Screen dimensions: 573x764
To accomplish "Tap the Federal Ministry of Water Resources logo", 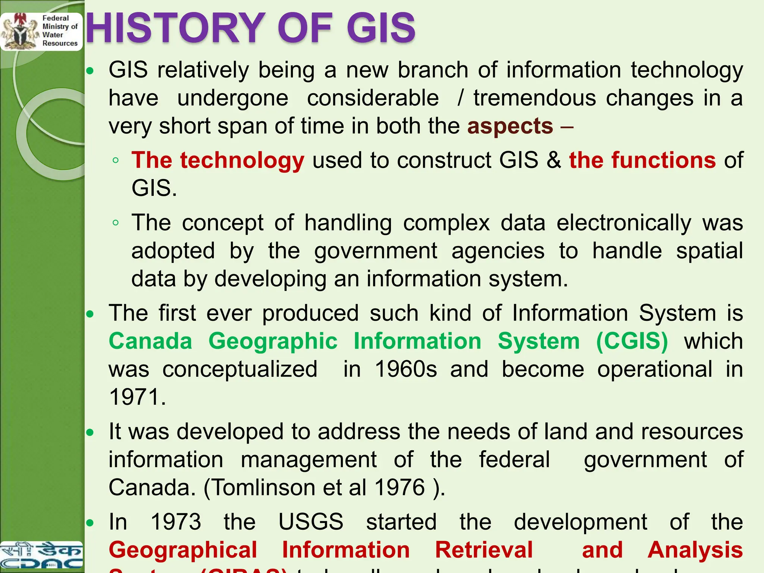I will pyautogui.click(x=41, y=31).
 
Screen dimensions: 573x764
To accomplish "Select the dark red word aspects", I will pyautogui.click(x=510, y=126).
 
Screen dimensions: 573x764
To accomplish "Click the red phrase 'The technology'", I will pyautogui.click(x=218, y=160).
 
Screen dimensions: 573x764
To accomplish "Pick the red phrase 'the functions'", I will pyautogui.click(x=642, y=160).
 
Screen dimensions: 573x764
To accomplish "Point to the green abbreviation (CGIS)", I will pyautogui.click(x=632, y=341).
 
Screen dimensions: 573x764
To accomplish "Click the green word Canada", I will pyautogui.click(x=150, y=341).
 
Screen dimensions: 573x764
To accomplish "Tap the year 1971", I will pyautogui.click(x=137, y=397).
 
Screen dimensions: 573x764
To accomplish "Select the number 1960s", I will pyautogui.click(x=406, y=369).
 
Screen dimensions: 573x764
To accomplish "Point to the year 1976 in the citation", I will pyautogui.click(x=400, y=487).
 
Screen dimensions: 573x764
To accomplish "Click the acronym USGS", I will pyautogui.click(x=311, y=522).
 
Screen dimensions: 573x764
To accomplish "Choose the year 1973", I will pyautogui.click(x=176, y=522).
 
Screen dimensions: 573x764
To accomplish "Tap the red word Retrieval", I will pyautogui.click(x=484, y=550).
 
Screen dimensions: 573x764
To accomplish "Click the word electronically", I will pyautogui.click(x=624, y=223).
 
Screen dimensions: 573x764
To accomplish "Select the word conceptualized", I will pyautogui.click(x=240, y=369).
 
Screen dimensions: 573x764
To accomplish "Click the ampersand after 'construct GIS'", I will pyautogui.click(x=554, y=160).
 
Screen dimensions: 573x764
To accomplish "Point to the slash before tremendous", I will pyautogui.click(x=461, y=98).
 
